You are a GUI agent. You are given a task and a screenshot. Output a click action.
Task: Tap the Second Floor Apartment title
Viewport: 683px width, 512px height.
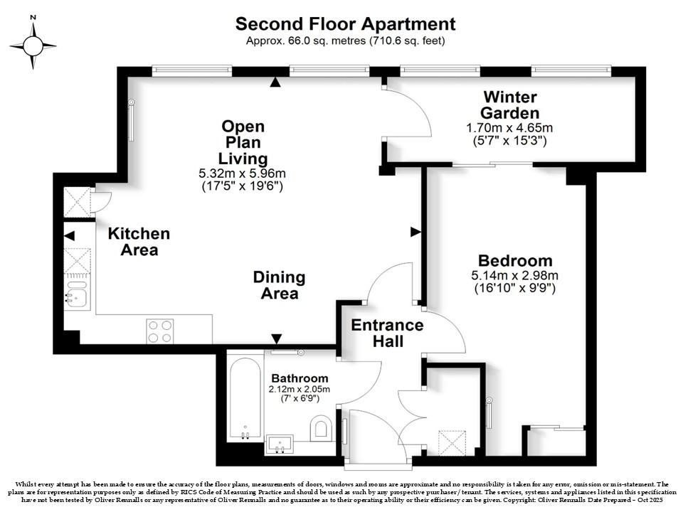coord(346,24)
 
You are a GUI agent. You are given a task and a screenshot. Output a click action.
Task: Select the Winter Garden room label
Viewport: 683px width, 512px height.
coord(509,105)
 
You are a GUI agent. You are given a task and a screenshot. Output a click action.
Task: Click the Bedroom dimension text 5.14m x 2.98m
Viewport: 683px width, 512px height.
coord(515,275)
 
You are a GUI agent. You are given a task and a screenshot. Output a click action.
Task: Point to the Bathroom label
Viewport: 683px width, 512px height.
coord(300,378)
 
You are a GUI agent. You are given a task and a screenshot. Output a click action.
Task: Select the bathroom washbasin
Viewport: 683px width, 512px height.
coord(279,444)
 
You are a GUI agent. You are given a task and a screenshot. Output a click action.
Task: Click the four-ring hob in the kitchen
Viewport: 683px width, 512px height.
coord(160,331)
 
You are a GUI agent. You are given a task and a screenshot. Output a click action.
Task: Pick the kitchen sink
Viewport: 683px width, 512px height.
coord(77,294)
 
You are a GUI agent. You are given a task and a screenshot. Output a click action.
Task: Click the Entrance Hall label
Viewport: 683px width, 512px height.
coord(387,333)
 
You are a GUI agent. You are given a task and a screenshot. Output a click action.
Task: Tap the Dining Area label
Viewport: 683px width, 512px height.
coord(279,285)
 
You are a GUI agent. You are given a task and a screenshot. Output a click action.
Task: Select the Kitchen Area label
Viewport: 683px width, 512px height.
coord(139,242)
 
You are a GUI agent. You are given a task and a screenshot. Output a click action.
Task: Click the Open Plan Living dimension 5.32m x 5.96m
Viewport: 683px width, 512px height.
coord(242,174)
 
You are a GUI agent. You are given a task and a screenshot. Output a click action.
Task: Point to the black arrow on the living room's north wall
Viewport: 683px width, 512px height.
coord(275,82)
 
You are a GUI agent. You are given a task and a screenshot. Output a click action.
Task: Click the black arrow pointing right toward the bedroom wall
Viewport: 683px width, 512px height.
coord(415,232)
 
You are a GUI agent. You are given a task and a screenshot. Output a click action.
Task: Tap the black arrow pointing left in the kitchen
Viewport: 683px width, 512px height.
coord(69,236)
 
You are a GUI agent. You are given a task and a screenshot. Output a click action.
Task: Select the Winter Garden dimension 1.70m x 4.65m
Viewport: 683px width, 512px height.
coord(509,128)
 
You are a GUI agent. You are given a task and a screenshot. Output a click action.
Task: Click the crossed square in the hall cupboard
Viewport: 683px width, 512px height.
coord(452,443)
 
